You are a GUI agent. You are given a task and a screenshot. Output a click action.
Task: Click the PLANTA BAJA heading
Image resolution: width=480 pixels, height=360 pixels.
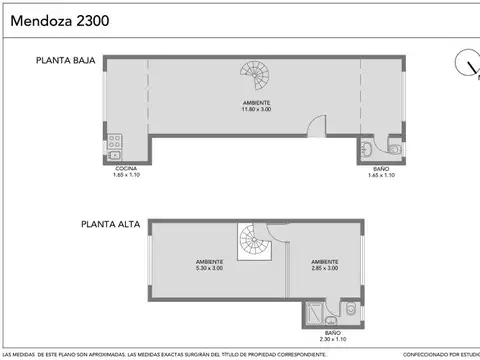click(x=66, y=62)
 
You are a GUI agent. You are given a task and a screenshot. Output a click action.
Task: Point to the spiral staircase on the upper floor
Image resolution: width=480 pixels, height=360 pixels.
click(x=251, y=240)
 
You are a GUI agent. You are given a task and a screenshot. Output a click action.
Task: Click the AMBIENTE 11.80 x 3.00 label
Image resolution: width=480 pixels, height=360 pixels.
click(x=256, y=107)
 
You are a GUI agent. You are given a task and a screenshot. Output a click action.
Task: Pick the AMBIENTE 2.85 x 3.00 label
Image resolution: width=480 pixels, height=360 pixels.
click(x=324, y=266)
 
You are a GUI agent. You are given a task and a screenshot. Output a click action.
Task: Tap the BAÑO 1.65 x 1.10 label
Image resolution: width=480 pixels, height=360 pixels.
click(x=382, y=172)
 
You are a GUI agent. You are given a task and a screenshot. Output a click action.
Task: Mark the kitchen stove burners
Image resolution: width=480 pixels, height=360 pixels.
click(x=116, y=140)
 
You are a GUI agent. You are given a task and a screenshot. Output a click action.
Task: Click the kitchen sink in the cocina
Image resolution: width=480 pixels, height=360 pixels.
click(x=116, y=155)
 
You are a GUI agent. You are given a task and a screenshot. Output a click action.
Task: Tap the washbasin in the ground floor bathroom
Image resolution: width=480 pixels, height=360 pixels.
click(x=368, y=151)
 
